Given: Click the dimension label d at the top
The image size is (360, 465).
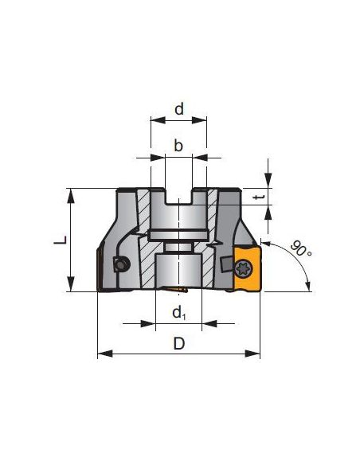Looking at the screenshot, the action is (179, 109).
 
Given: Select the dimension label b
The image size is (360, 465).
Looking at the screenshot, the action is (178, 146).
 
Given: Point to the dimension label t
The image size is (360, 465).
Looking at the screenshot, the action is (258, 197).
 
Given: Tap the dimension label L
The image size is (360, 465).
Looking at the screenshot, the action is (61, 240).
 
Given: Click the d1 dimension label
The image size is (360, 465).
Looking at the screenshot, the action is (179, 313).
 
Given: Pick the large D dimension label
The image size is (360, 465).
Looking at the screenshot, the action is (179, 344).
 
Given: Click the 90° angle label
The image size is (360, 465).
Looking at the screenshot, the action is (301, 248).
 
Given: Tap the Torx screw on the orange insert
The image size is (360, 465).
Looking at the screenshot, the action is (244, 268).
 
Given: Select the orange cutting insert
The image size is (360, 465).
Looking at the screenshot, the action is (248, 268).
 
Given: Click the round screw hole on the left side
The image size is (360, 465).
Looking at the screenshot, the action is (121, 264).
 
